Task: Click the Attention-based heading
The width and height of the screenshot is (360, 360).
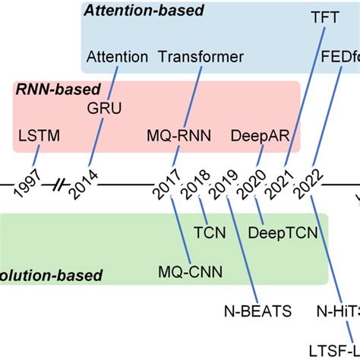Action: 144,11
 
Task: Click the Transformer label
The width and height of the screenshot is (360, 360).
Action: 201,57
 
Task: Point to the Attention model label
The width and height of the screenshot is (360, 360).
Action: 118,57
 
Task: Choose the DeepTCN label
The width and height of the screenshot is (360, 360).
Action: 279,232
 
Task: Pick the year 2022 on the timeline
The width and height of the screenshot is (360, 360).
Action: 309,183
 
